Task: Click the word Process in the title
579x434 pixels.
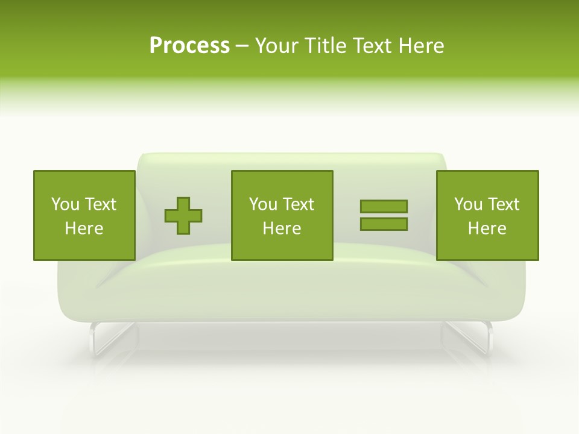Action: (189, 46)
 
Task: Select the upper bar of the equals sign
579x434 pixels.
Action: (384, 206)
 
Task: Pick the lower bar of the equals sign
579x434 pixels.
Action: (384, 224)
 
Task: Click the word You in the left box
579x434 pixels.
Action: (65, 204)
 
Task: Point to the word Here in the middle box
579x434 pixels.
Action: (282, 228)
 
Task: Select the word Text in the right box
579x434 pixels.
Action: (504, 204)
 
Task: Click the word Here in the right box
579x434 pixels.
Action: (487, 228)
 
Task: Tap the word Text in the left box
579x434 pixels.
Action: (100, 204)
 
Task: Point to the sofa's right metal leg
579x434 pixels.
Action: (476, 338)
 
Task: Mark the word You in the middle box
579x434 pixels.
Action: (263, 204)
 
